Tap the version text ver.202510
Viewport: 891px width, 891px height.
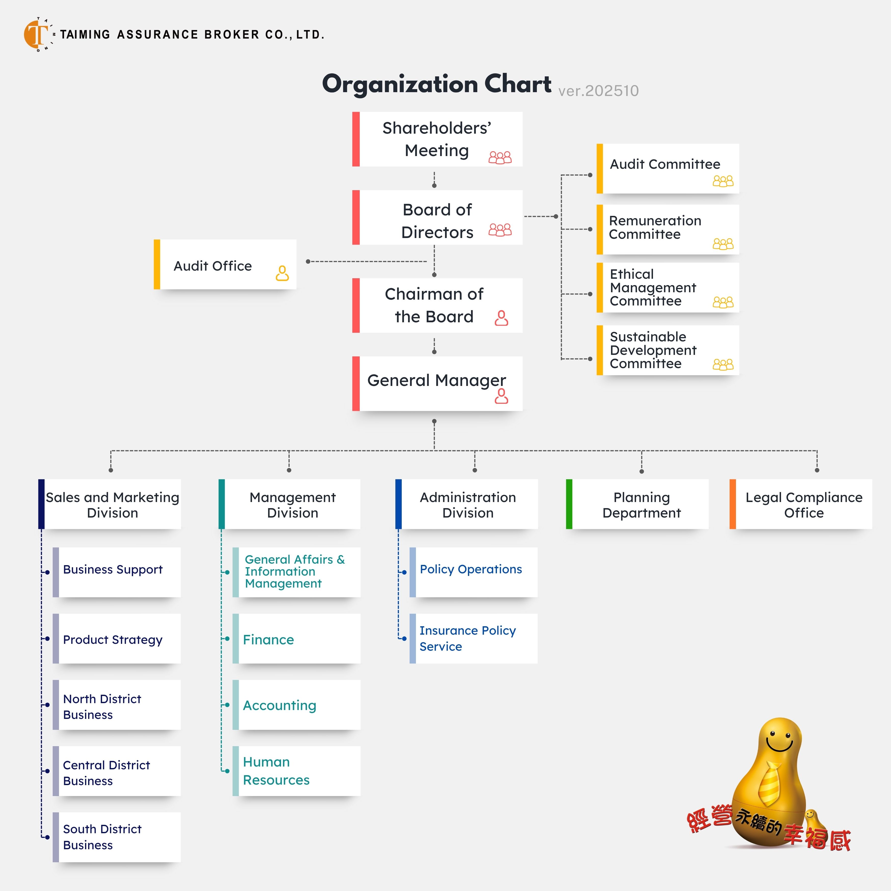598,91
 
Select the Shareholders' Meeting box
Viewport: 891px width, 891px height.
437,139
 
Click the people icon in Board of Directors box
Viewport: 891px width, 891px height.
500,230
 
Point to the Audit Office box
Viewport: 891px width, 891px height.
225,265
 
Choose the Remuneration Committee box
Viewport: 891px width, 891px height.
668,229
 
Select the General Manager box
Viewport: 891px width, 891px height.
437,383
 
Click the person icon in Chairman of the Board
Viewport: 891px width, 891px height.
501,318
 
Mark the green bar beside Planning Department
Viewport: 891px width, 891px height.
569,504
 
